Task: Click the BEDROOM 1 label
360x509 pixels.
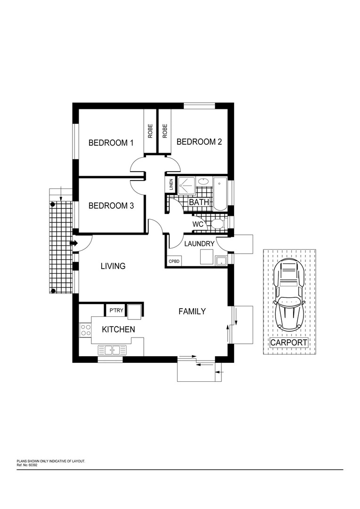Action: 111,143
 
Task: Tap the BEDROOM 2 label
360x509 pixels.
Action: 199,142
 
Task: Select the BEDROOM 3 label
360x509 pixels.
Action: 111,205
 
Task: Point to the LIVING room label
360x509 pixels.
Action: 113,266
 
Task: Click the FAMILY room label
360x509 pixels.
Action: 192,312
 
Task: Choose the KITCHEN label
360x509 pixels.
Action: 119,329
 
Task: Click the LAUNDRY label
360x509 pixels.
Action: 199,244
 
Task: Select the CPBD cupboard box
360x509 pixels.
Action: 172,261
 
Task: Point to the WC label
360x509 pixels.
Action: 198,224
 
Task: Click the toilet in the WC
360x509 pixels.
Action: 217,223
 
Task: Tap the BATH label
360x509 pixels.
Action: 199,202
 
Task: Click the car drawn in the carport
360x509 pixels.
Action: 288,296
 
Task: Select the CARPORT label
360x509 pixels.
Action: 288,343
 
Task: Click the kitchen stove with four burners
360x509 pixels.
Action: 85,329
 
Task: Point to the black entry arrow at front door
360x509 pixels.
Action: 74,243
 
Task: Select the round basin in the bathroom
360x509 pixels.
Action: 204,181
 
